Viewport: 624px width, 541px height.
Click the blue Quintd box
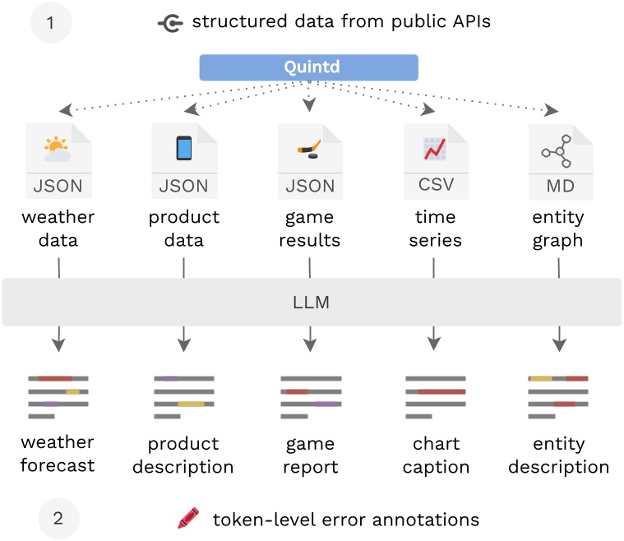[x=308, y=67]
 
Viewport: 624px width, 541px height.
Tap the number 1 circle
[x=51, y=21]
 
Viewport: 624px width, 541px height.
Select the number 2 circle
[x=58, y=519]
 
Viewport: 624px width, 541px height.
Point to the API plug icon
[x=169, y=23]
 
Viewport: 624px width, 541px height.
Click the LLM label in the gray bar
[x=311, y=303]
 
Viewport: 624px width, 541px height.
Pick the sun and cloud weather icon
[x=56, y=150]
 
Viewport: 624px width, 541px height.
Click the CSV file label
[x=436, y=186]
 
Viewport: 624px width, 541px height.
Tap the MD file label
[x=560, y=186]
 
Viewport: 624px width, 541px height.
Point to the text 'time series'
[x=436, y=229]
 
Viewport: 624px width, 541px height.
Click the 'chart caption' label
[x=436, y=455]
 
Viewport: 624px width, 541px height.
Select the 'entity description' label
[x=559, y=455]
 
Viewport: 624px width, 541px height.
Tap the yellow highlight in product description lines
[x=191, y=405]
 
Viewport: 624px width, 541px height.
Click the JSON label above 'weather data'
[x=58, y=186]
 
